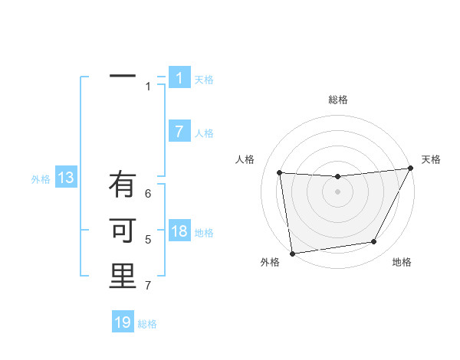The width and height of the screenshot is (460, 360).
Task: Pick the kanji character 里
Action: tap(123, 277)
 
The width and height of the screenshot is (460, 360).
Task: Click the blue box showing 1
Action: tap(179, 78)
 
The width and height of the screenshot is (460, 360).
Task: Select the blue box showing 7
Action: tap(179, 132)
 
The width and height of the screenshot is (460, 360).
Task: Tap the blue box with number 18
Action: tap(179, 231)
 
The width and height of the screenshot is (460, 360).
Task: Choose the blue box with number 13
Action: tap(66, 178)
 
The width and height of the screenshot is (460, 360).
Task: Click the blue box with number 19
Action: tap(123, 322)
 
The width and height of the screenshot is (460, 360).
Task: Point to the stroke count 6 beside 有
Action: tap(148, 194)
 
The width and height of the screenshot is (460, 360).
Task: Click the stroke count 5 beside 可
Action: tap(148, 240)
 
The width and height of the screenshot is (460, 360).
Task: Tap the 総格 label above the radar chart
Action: tap(338, 100)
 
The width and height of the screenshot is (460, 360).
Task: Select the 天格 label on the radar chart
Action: tap(431, 159)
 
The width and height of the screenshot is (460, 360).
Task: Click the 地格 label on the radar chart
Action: tap(402, 262)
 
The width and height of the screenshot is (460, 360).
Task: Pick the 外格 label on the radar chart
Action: tap(270, 262)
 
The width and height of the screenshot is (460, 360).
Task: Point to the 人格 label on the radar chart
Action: tap(245, 159)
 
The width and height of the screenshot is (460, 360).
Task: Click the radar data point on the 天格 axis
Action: tap(411, 169)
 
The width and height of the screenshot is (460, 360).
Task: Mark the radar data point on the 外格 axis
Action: tap(292, 254)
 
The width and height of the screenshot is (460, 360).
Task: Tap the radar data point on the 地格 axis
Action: tap(374, 242)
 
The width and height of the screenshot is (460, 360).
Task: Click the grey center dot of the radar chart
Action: tap(337, 191)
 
